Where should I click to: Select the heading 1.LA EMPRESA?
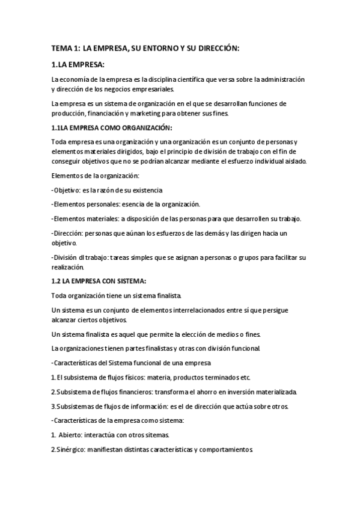(78, 64)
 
